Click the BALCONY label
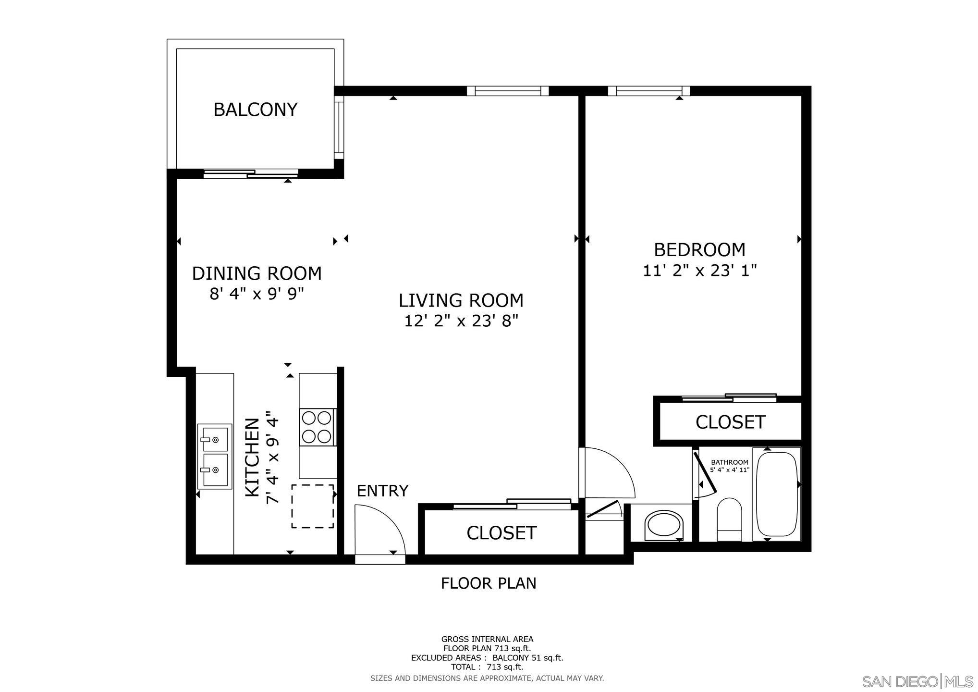tap(255, 110)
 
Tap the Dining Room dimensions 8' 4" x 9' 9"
tap(257, 294)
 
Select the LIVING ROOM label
tap(461, 300)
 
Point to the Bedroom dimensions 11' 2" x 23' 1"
tap(699, 271)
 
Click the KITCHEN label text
tap(253, 457)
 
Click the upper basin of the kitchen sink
tap(214, 438)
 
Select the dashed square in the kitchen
tap(312, 506)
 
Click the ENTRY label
tap(382, 491)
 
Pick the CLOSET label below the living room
tap(501, 532)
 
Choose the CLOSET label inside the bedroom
tap(730, 422)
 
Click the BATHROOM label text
tap(729, 462)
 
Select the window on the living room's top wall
tap(507, 90)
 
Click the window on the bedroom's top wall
tap(648, 90)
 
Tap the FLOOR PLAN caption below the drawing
tap(488, 583)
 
